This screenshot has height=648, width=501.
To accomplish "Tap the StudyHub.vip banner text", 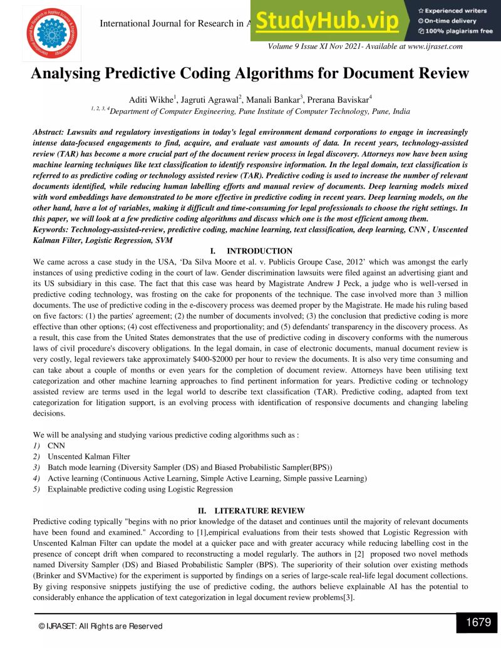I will coord(327,21).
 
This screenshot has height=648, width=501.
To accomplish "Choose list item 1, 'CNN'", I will coord(56,445).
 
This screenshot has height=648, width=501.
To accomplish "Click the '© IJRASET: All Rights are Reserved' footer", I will coord(100,625).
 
